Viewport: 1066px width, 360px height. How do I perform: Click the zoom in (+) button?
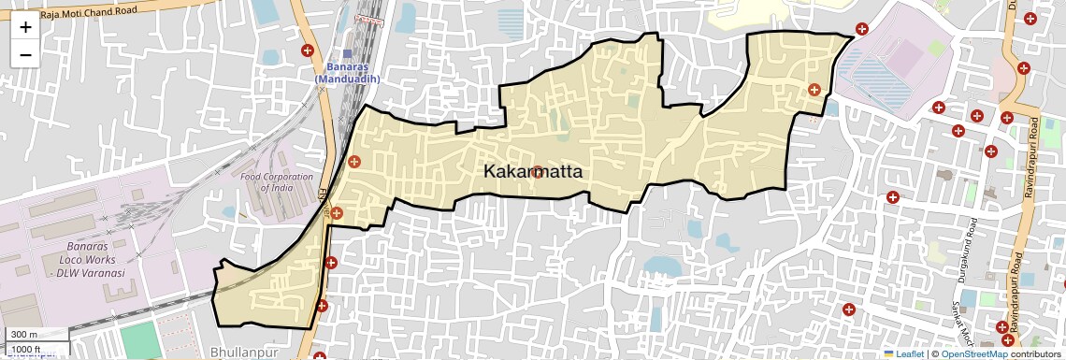point(25,27)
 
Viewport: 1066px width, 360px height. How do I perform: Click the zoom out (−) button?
point(25,54)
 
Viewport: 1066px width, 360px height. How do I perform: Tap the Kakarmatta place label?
point(533,172)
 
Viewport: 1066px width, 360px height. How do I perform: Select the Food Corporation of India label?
point(277,181)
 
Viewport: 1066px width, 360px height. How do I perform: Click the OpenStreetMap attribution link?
point(974,353)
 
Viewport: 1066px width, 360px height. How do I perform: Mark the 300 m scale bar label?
point(24,334)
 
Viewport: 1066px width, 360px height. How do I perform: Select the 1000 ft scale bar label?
point(28,348)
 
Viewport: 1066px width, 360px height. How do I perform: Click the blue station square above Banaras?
point(348,53)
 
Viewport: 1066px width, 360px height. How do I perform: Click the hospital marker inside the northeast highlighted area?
point(814,90)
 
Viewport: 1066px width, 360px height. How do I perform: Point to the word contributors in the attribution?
point(1037,353)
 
